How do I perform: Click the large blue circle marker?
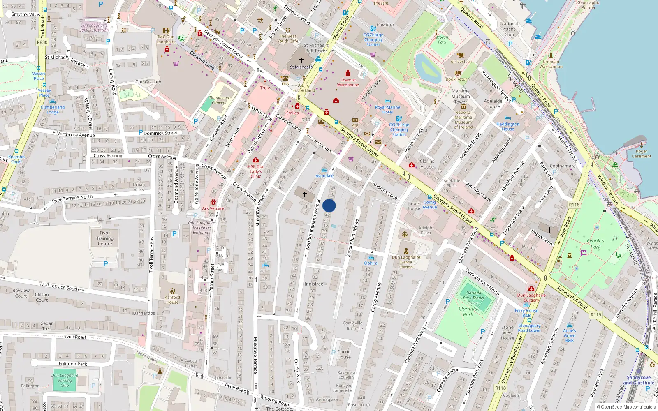pyautogui.click(x=329, y=205)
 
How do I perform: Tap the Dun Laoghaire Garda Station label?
pyautogui.click(x=406, y=262)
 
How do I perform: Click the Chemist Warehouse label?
pyautogui.click(x=348, y=83)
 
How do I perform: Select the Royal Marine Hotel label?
pyautogui.click(x=387, y=109)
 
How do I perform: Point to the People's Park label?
pyautogui.click(x=595, y=244)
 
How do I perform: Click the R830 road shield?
pyautogui.click(x=42, y=42)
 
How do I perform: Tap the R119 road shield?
pyautogui.click(x=595, y=315)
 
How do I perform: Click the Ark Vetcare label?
pyautogui.click(x=213, y=208)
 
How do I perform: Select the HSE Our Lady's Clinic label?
pyautogui.click(x=256, y=171)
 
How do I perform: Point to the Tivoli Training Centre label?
pyautogui.click(x=105, y=238)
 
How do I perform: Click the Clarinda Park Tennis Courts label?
pyautogui.click(x=473, y=298)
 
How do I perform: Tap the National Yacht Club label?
pyautogui.click(x=509, y=29)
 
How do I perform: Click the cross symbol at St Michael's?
pyautogui.click(x=301, y=60)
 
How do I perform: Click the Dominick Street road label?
pyautogui.click(x=160, y=133)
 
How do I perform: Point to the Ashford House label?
pyautogui.click(x=172, y=300)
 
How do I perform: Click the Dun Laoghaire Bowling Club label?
pyautogui.click(x=65, y=380)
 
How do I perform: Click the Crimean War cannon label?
pyautogui.click(x=551, y=64)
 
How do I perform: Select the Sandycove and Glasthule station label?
pyautogui.click(x=639, y=380)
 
